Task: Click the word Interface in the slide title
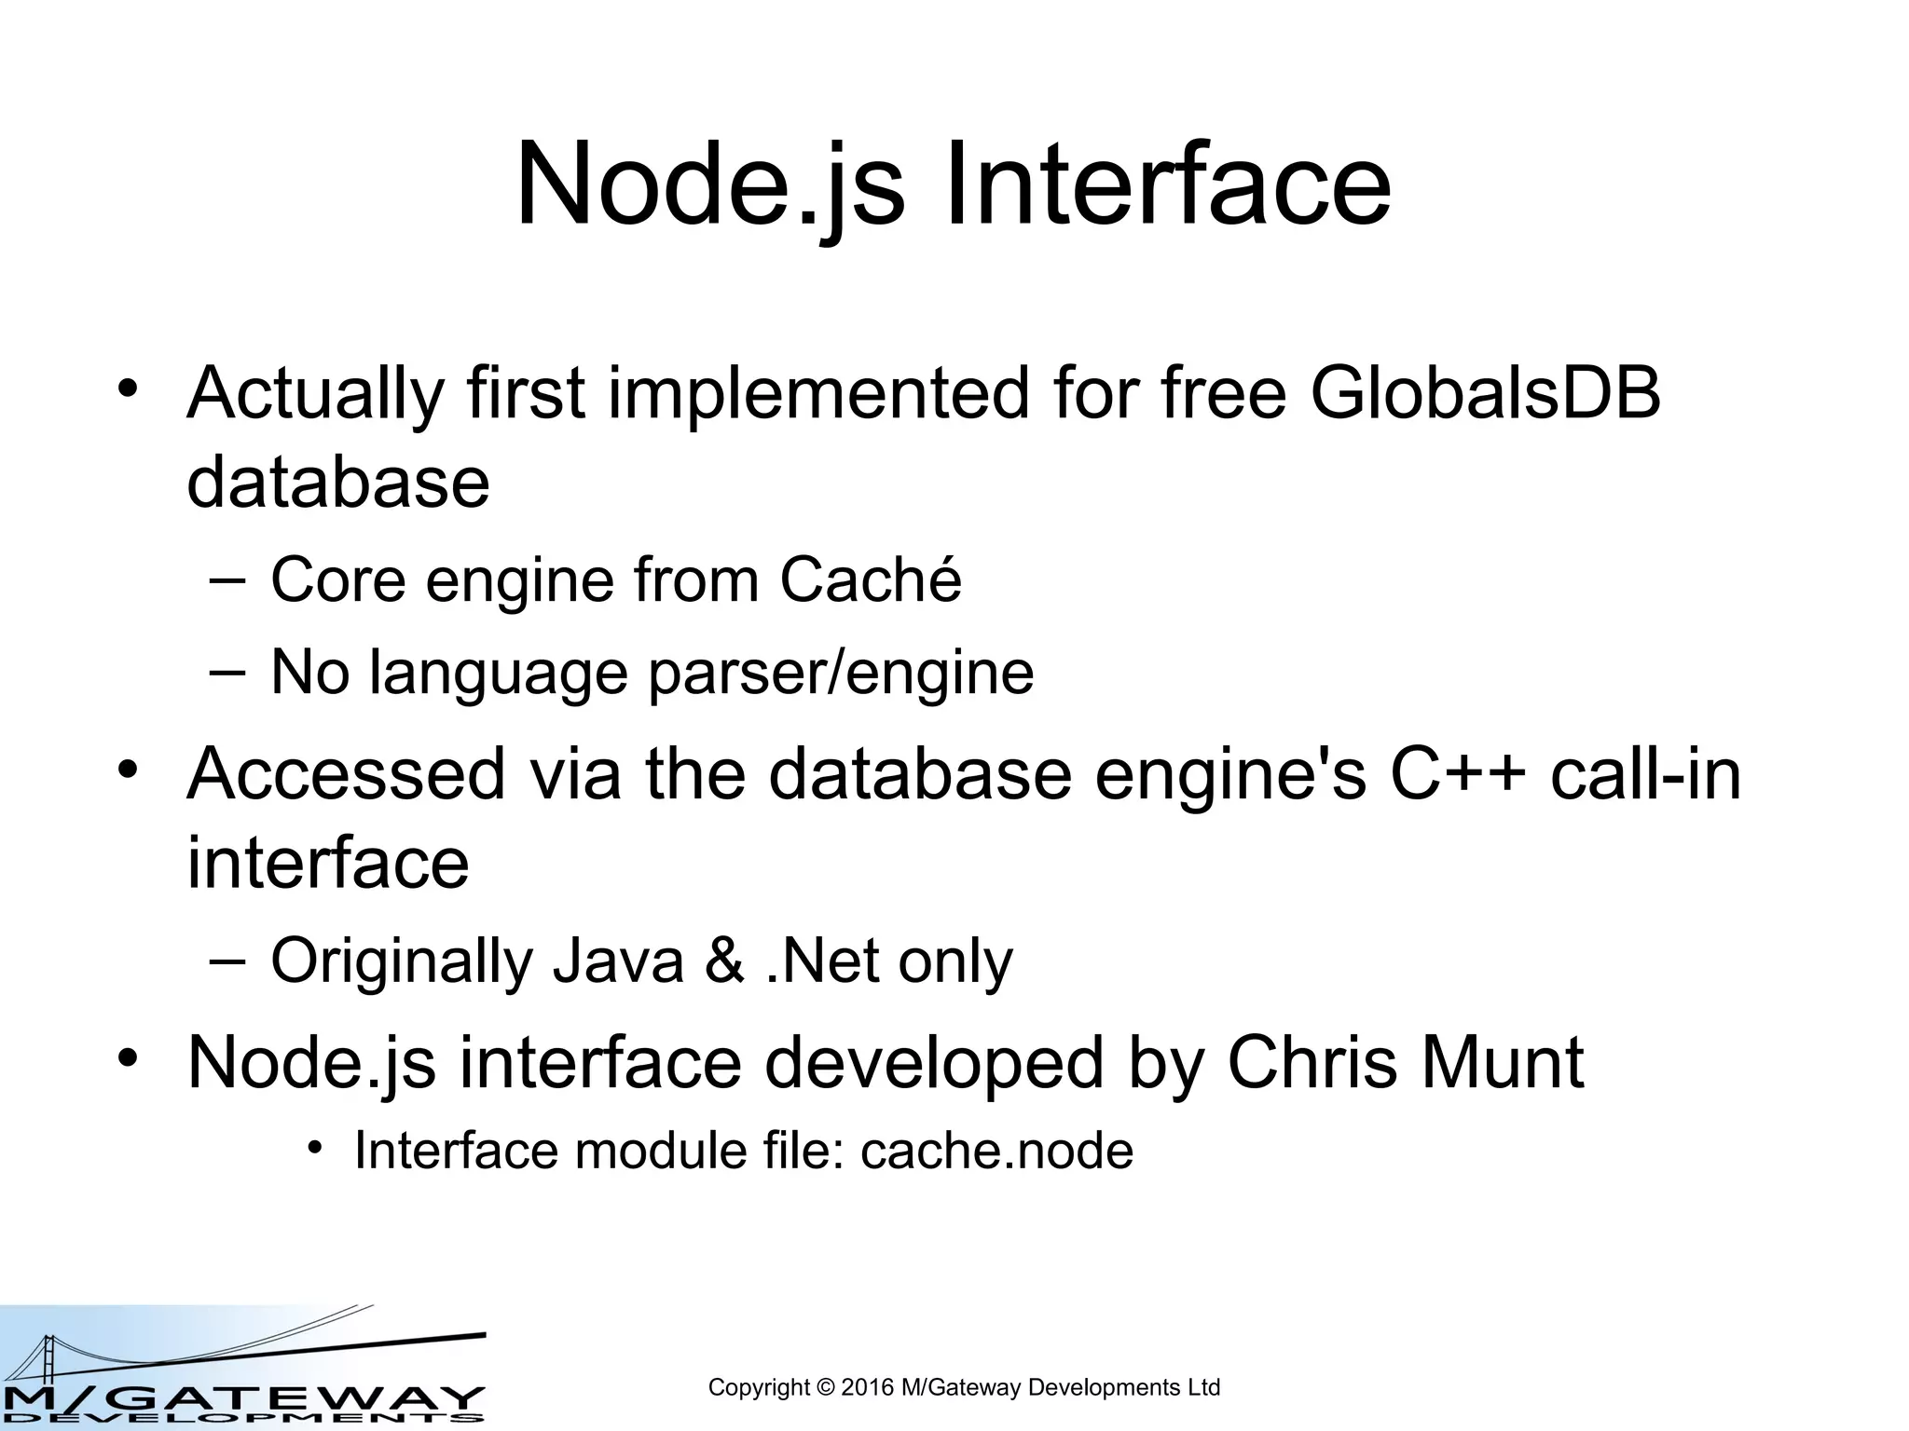(1167, 184)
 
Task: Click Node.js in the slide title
(709, 184)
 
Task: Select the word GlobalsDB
(1485, 393)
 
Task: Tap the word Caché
(870, 579)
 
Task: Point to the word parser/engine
(841, 674)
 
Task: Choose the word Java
(618, 961)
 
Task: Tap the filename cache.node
(996, 1151)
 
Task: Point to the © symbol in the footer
(825, 1387)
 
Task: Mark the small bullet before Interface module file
(317, 1147)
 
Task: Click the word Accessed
(345, 775)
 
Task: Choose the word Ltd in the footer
(1202, 1387)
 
